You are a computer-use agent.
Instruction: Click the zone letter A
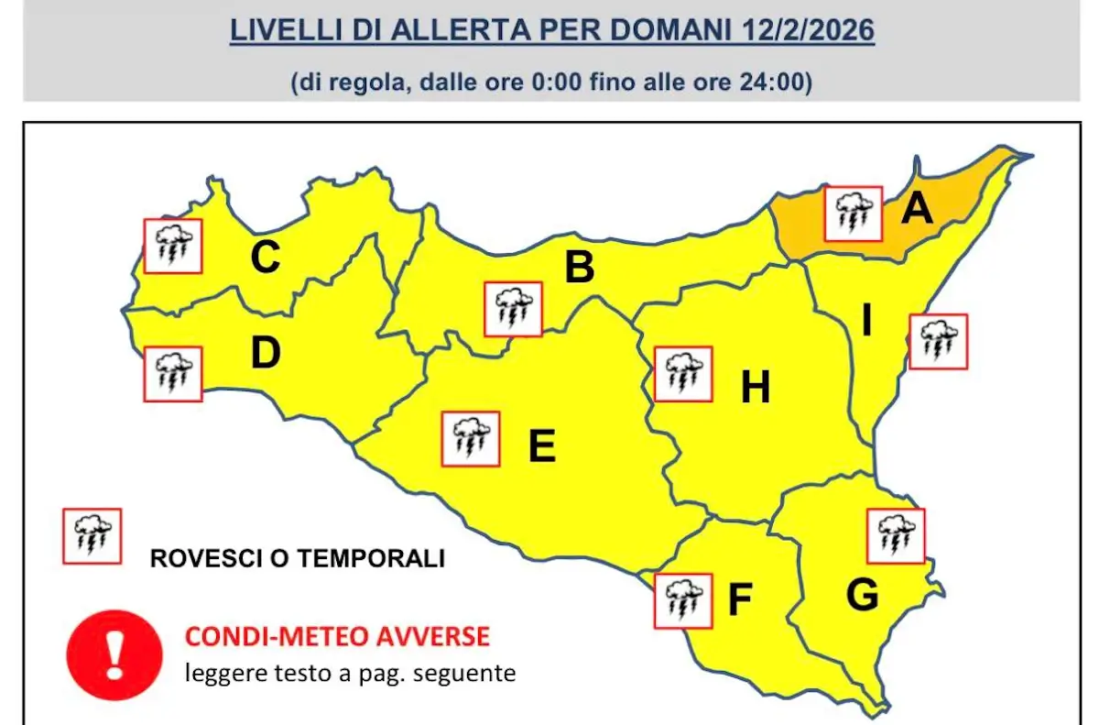coord(917,209)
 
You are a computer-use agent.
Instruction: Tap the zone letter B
coord(579,269)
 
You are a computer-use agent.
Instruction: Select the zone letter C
coord(265,258)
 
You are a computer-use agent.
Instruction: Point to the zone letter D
coord(265,354)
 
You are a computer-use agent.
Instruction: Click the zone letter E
coord(541,447)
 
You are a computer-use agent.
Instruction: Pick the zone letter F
coord(739,600)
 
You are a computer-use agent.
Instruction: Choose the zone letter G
coord(862,596)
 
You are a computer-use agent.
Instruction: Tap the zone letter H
coord(756,389)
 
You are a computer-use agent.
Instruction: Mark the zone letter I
coord(866,322)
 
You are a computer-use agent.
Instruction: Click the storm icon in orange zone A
coord(853,214)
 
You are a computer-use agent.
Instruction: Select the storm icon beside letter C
coord(173,246)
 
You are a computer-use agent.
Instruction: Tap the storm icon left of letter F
coord(683,601)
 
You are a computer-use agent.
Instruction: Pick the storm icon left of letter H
coord(683,374)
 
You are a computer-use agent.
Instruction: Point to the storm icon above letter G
coord(895,536)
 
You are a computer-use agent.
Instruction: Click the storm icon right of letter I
coord(938,341)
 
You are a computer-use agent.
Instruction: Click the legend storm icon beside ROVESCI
coord(92,535)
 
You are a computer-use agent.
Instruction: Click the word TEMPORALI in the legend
coord(379,557)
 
